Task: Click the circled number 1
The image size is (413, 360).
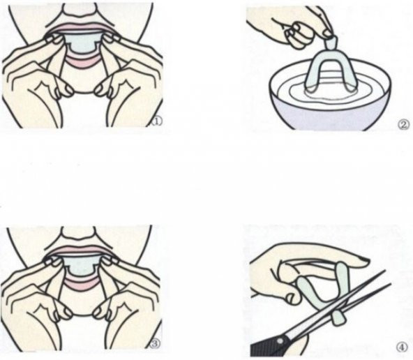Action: [157, 121]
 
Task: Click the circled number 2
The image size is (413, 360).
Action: [403, 125]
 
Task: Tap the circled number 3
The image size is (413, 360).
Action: [155, 343]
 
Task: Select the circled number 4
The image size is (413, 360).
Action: [402, 347]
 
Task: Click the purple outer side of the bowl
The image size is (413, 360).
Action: [329, 116]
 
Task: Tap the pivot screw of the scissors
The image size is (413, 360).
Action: [280, 341]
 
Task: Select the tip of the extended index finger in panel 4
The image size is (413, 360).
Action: [367, 261]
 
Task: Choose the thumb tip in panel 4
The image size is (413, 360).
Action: [293, 298]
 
